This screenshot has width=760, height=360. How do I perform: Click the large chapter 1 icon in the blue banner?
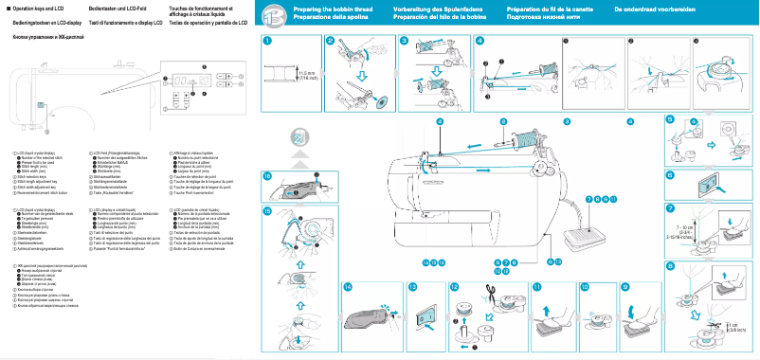271,14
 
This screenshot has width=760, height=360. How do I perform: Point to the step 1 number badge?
268,42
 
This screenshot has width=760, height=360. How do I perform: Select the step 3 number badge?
405,42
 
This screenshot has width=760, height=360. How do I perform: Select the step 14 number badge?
349,285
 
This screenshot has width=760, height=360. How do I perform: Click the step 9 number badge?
625,285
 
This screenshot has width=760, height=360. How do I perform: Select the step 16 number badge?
268,176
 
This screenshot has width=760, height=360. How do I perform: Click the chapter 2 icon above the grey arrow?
299,137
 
